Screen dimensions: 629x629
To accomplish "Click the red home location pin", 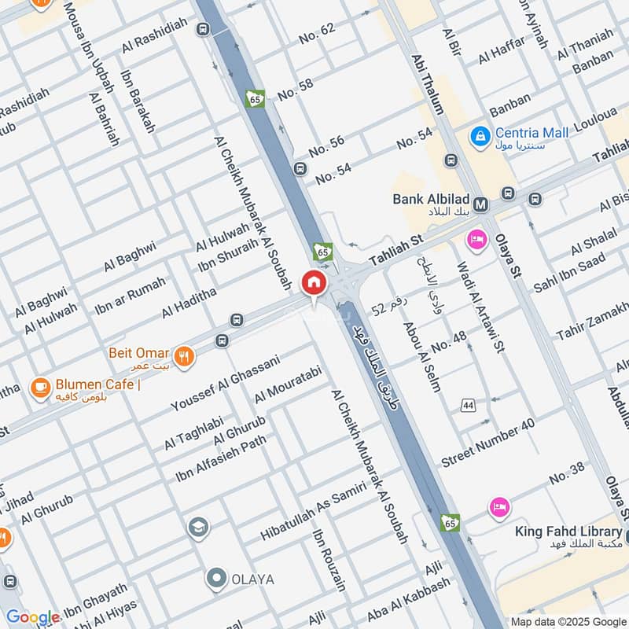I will pos(313,282).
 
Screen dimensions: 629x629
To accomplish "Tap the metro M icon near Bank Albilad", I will pos(480,204).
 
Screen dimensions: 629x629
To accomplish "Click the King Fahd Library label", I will pos(568,532).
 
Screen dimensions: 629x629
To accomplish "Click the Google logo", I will pos(32,617).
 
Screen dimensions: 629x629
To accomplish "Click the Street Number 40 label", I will pos(487,442).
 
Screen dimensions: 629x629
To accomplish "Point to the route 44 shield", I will pos(469,405).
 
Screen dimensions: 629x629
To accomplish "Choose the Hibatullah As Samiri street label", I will pos(314,513).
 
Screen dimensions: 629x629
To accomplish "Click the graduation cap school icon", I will pos(199,527).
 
